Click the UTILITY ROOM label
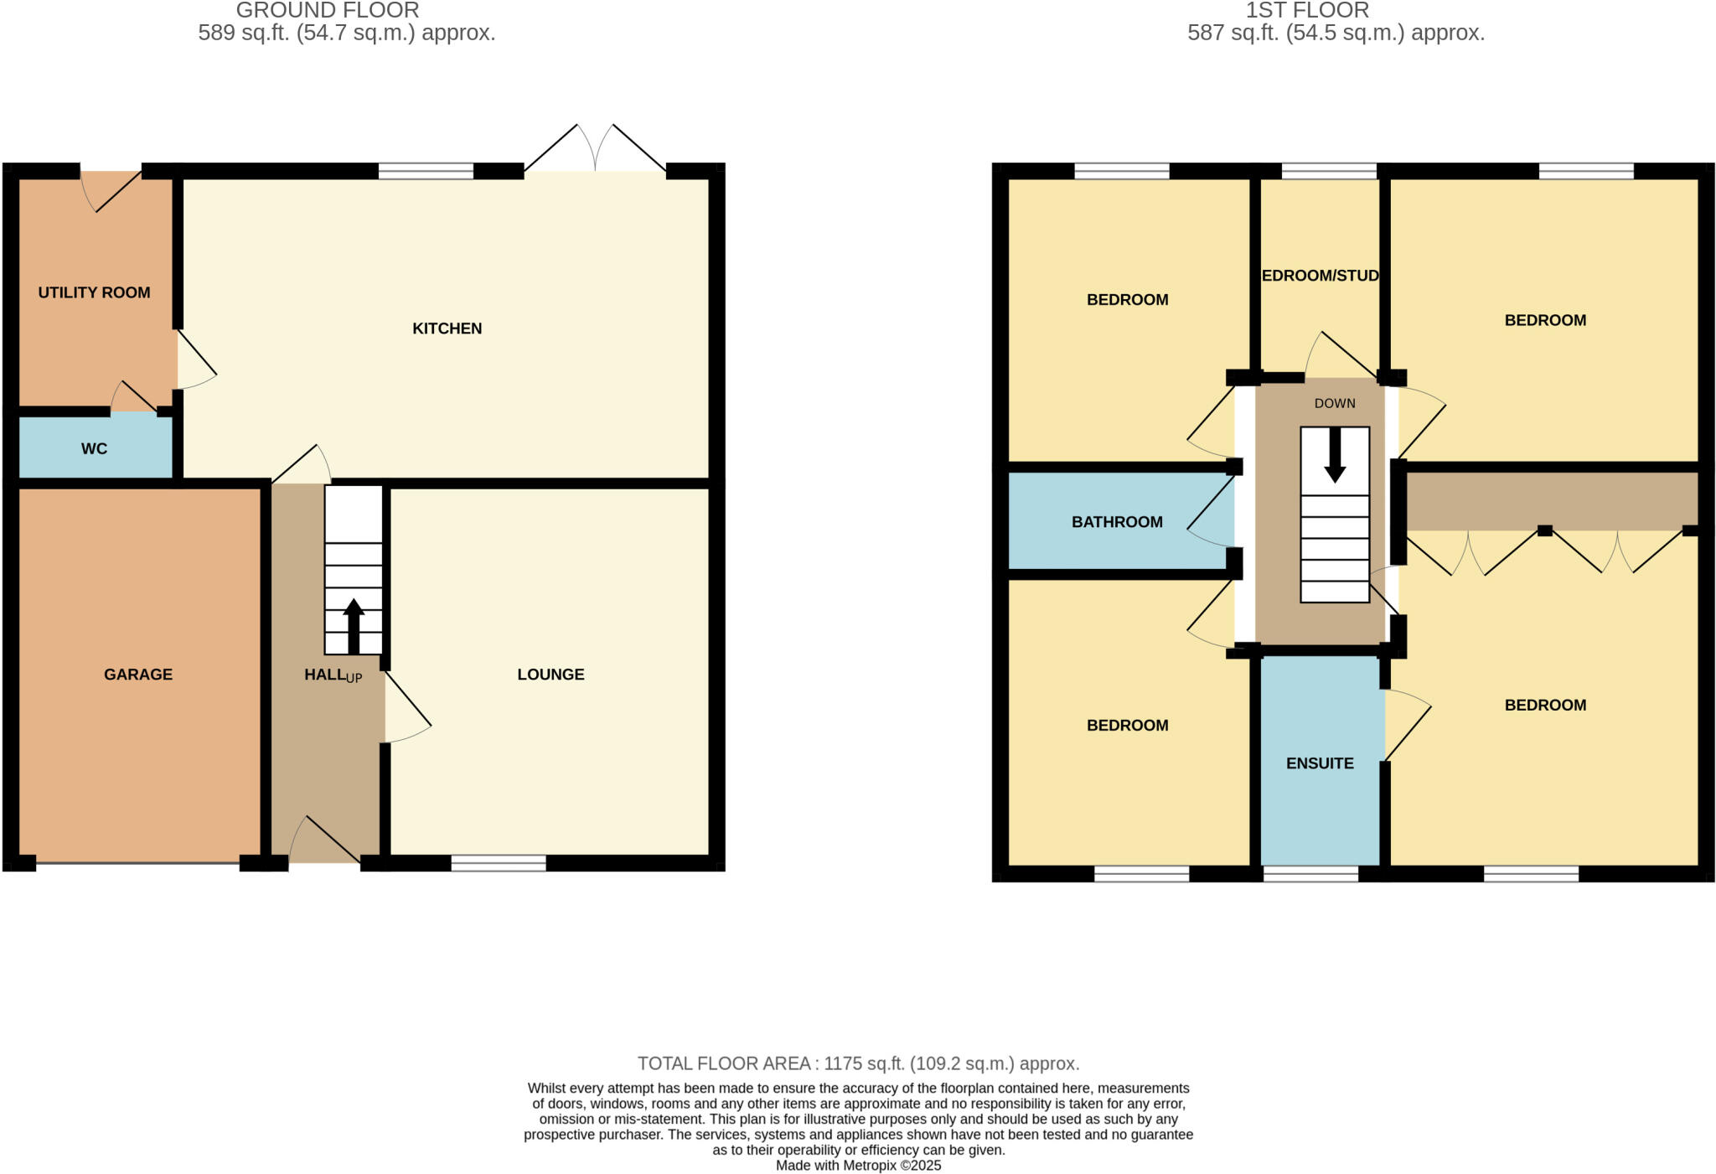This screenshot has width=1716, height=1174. (94, 292)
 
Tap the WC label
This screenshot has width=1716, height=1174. (94, 448)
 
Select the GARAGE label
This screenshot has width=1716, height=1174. (138, 675)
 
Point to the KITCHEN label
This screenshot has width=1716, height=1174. (447, 328)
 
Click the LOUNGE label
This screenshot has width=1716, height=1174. (550, 675)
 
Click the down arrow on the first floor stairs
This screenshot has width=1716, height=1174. (1335, 454)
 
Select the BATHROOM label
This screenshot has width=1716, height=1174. (1117, 522)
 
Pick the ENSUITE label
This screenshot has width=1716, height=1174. (1320, 763)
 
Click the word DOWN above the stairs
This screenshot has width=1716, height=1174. (1335, 403)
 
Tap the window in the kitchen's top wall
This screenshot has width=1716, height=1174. (426, 171)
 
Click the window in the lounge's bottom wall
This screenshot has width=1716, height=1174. (499, 863)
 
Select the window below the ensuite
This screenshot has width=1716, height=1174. (1310, 874)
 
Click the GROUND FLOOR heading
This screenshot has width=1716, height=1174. (328, 10)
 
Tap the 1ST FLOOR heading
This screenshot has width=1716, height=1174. (1307, 10)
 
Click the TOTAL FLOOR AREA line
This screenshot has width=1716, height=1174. (858, 1063)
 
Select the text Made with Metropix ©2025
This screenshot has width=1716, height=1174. (858, 1166)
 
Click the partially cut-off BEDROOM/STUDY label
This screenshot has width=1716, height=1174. (1320, 276)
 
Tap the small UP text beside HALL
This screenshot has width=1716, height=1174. (354, 678)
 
